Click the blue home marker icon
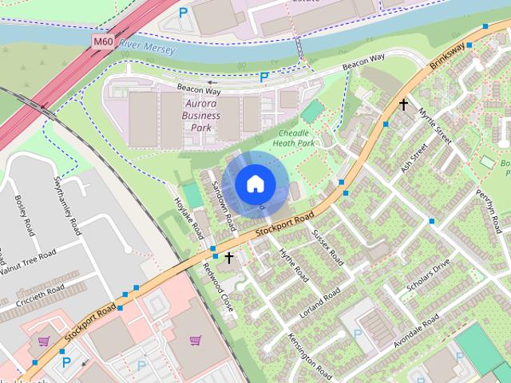254,184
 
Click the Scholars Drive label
428,275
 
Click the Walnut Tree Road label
28,260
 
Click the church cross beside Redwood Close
229,258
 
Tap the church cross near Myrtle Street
404,105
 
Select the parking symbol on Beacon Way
263,77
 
